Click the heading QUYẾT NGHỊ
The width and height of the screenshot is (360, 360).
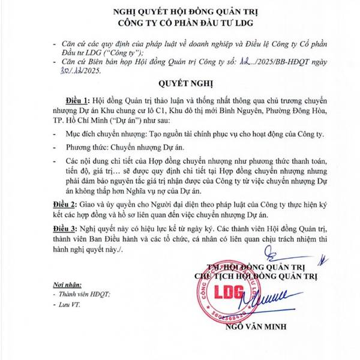(178, 84)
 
